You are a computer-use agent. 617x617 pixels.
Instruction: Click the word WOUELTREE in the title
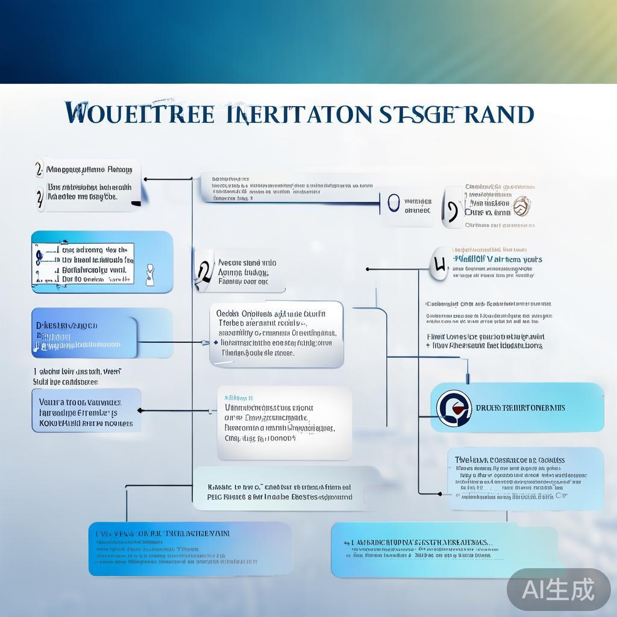click(139, 113)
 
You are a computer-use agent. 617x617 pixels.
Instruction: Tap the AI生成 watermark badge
click(558, 589)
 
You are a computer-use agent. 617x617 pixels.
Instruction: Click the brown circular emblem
click(521, 206)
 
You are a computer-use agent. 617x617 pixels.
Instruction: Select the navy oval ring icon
click(393, 203)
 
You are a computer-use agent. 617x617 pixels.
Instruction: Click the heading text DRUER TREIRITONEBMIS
click(521, 408)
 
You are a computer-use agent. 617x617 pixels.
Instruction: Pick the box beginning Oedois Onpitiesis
click(277, 334)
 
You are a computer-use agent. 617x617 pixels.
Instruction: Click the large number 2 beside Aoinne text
click(204, 272)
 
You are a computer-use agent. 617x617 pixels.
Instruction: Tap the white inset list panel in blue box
click(84, 264)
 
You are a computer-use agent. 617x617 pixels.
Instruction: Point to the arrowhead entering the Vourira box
click(140, 410)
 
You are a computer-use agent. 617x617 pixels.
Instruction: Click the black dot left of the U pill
click(367, 269)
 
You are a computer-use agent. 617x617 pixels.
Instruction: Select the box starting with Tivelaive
click(525, 478)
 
